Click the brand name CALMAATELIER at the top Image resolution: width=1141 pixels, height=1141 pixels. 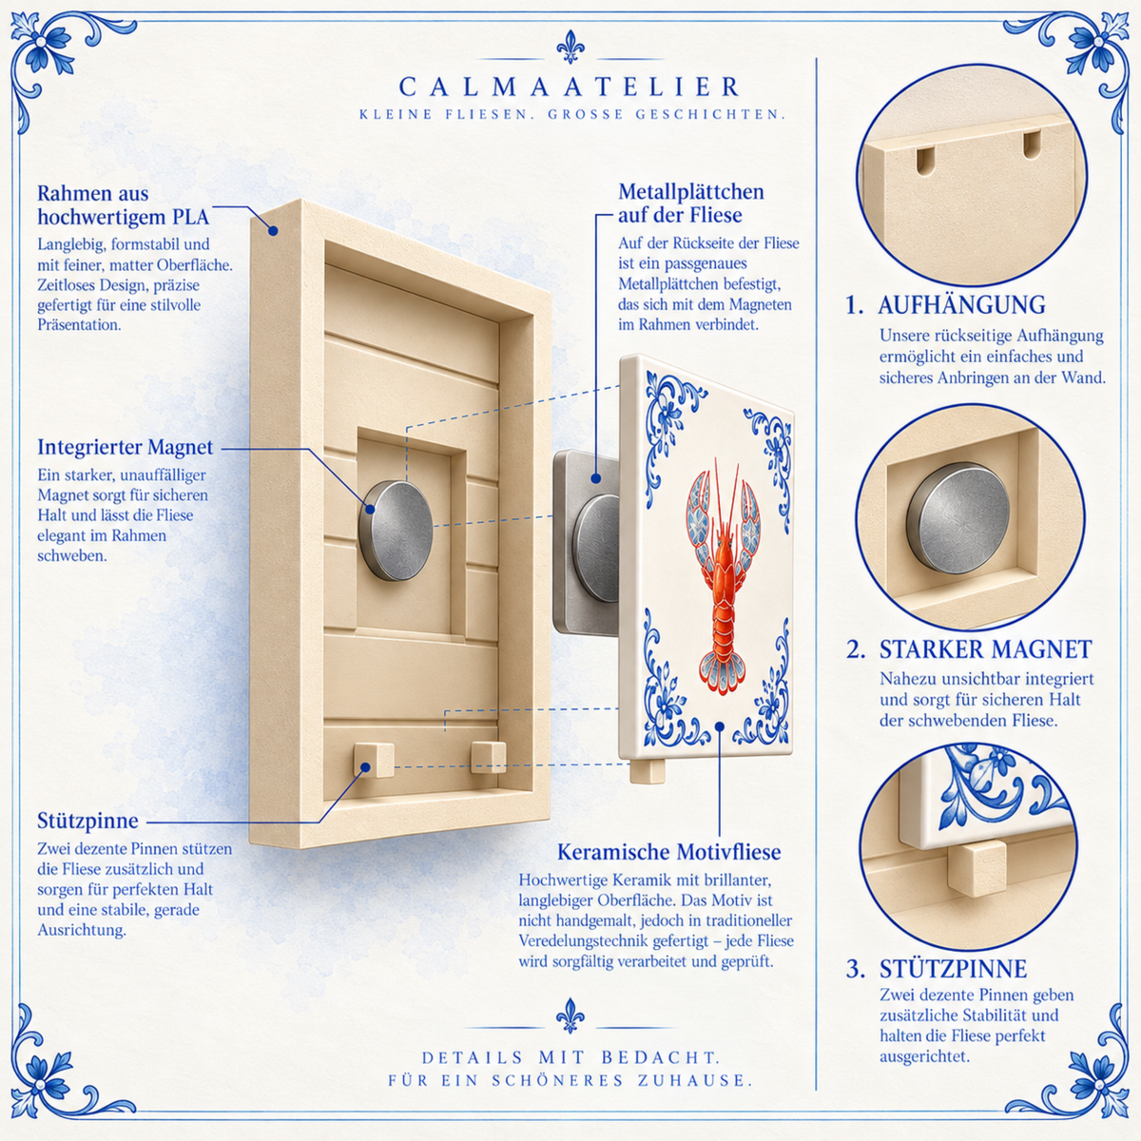[x=570, y=87]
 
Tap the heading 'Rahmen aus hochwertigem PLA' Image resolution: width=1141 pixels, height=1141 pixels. [x=124, y=204]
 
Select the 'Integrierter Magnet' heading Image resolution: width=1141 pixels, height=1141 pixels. [x=125, y=447]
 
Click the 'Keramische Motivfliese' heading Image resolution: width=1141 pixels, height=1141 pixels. [x=669, y=852]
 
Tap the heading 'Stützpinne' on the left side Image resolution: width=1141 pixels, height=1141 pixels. [x=87, y=821]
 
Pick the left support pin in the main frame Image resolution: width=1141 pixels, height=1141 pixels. [x=373, y=760]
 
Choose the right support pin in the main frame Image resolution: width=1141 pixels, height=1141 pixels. [x=489, y=757]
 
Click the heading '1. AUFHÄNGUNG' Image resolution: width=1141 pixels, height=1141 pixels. [x=945, y=305]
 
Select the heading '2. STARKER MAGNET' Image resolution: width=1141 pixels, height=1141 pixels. [x=969, y=649]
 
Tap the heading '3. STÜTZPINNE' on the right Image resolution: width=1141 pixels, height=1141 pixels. [x=937, y=969]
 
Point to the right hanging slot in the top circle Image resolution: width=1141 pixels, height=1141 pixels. [x=1032, y=145]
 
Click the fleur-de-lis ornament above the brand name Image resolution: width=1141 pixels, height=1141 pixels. [x=570, y=47]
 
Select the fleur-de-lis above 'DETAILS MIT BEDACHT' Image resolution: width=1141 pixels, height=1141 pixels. [x=570, y=1016]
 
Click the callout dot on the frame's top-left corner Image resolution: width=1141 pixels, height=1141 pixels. [x=273, y=230]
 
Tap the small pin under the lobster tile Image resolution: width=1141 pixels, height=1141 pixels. [x=648, y=771]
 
